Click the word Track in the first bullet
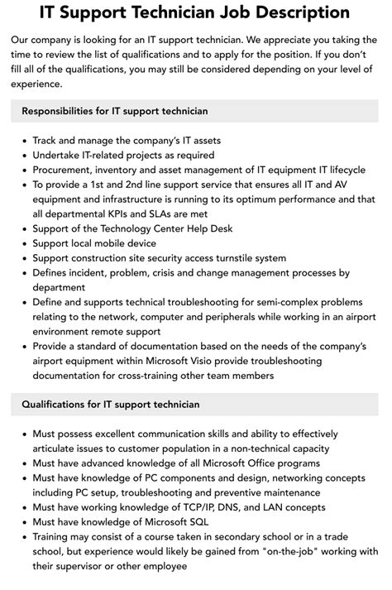46,140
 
